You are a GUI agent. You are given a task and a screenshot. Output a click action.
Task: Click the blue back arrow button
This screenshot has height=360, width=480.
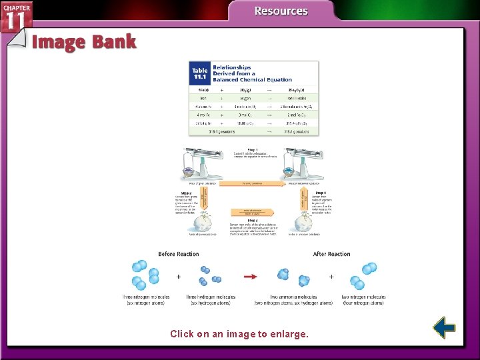[x=443, y=327]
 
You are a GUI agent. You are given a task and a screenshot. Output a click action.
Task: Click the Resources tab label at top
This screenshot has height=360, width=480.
[x=281, y=11]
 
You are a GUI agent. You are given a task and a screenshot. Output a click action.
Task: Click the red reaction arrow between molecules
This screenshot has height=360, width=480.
[x=251, y=276]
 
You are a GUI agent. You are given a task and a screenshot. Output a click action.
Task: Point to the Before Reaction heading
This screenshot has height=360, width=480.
[x=178, y=254]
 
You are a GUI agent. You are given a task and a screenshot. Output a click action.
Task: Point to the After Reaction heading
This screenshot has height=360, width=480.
[x=331, y=254]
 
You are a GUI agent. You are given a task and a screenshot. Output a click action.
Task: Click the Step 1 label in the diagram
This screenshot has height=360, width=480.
[x=253, y=149]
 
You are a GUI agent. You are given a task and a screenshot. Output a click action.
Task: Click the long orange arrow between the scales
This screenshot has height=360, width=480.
[x=252, y=183]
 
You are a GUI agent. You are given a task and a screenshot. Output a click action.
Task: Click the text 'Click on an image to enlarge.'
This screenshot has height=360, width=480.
[x=239, y=333]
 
